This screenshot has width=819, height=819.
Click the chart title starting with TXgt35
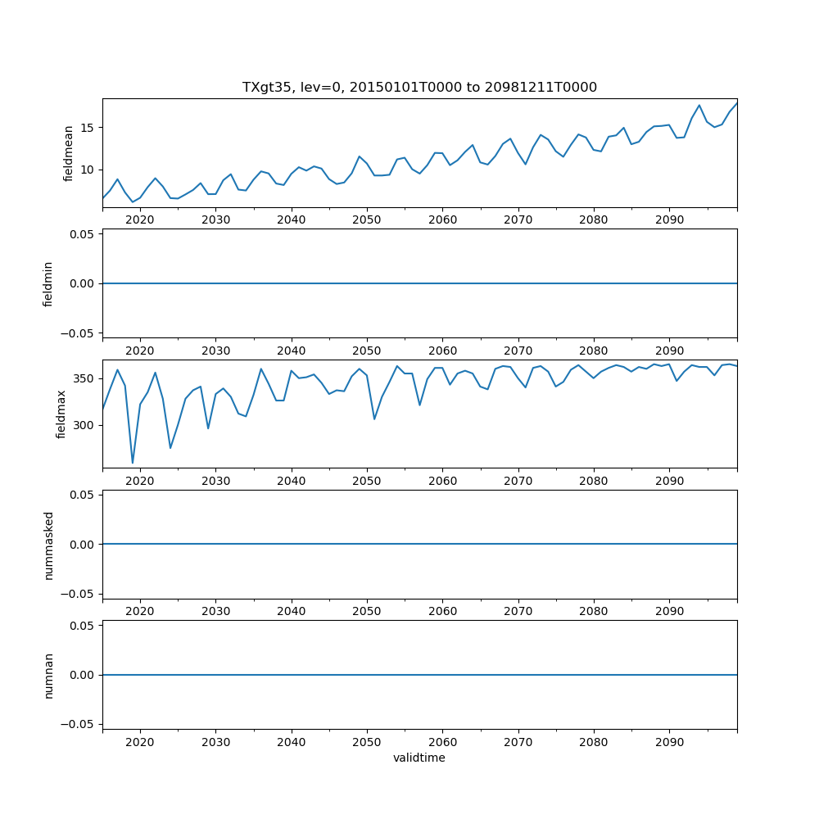[x=419, y=87]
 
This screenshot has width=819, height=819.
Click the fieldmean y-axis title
[x=69, y=153]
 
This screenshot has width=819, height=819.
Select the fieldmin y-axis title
[x=48, y=283]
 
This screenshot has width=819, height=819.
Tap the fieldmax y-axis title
[x=61, y=414]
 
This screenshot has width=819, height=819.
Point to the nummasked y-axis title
[x=48, y=545]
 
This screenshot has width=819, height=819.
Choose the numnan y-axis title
[x=48, y=675]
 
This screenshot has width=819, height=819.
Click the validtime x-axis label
[x=419, y=758]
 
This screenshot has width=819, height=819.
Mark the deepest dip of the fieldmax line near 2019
[x=133, y=463]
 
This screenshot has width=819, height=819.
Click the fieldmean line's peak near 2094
[x=699, y=105]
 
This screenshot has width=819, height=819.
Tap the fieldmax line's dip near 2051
[x=374, y=419]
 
